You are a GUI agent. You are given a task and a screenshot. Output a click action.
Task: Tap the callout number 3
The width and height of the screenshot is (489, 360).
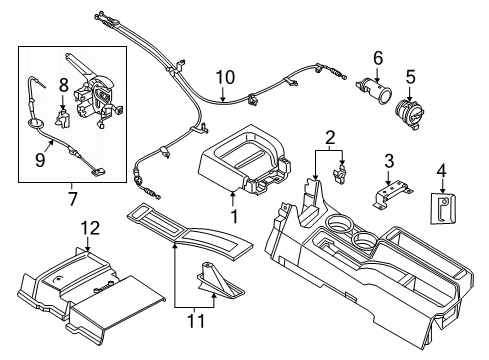coord(391,159)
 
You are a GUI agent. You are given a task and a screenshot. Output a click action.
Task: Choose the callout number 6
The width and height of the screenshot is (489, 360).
coord(377,57)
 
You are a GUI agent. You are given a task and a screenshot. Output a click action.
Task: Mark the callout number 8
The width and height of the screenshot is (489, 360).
coord(63,85)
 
